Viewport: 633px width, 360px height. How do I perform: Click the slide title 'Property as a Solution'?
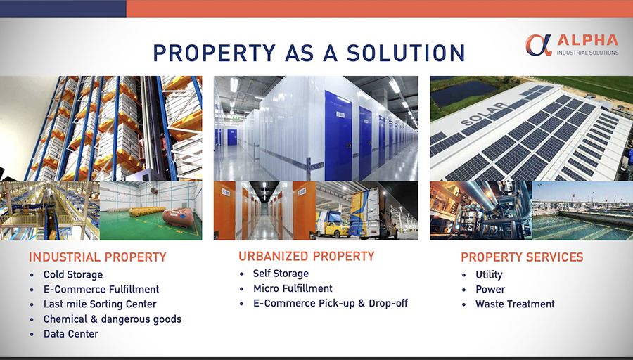point(309,53)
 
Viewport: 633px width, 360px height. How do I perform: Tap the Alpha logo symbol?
point(539,45)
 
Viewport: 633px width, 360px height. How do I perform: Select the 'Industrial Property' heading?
point(98,257)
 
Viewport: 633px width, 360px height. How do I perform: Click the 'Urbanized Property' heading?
point(307,256)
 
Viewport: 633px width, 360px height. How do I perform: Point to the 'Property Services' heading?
point(522,257)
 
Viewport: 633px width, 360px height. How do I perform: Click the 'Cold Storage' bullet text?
point(73,274)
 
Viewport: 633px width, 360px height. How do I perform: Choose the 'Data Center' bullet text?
point(71,334)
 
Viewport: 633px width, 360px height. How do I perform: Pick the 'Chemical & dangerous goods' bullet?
point(113,319)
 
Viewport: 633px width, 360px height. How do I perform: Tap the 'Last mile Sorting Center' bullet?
point(100,304)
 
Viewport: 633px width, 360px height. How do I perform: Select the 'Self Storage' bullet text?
point(281,274)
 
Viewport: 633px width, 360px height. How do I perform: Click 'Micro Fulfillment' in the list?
point(293,288)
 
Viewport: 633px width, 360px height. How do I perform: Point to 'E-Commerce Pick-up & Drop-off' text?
point(331,303)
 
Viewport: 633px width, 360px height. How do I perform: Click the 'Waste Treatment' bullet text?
point(515,304)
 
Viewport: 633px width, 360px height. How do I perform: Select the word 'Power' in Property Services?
point(490,289)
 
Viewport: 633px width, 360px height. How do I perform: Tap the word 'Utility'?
point(489,274)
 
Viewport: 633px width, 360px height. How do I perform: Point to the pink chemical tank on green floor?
point(179,217)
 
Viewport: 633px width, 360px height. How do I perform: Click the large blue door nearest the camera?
point(338,135)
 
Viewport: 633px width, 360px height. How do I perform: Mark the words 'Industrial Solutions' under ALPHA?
point(587,53)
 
